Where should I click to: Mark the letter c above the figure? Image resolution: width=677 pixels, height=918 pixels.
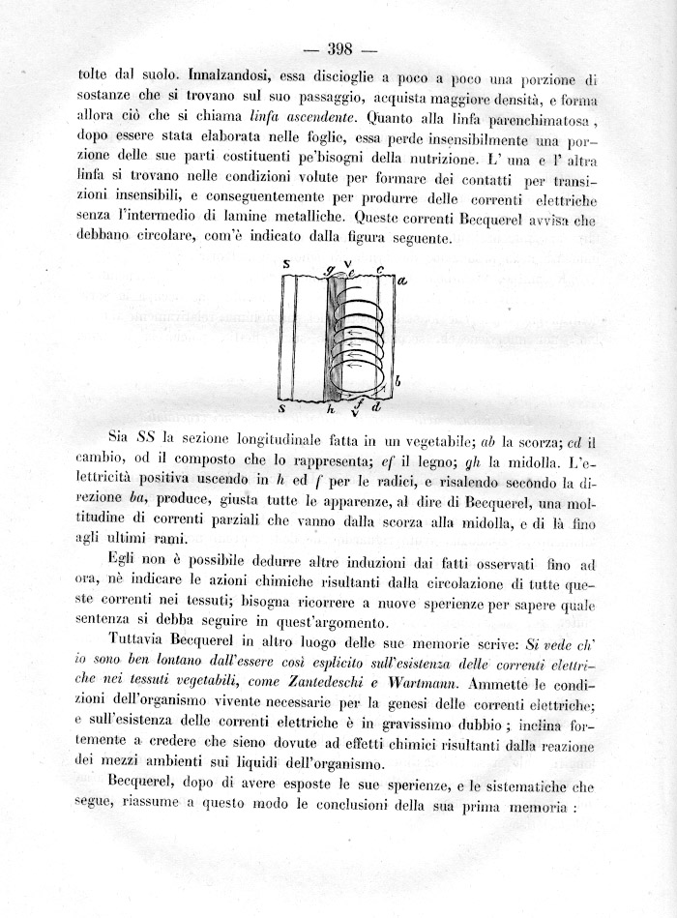(x=380, y=270)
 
